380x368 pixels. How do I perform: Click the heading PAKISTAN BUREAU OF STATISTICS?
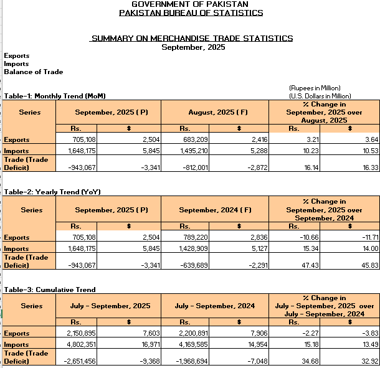190,13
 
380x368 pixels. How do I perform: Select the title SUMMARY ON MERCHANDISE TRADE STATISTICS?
192,39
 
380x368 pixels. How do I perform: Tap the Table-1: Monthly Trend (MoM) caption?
55,96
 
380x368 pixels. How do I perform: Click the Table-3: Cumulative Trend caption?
50,290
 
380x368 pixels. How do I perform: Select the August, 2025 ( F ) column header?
215,113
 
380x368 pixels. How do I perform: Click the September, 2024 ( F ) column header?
215,210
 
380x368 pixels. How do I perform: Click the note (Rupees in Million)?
315,88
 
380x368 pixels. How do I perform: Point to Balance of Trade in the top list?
34,72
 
